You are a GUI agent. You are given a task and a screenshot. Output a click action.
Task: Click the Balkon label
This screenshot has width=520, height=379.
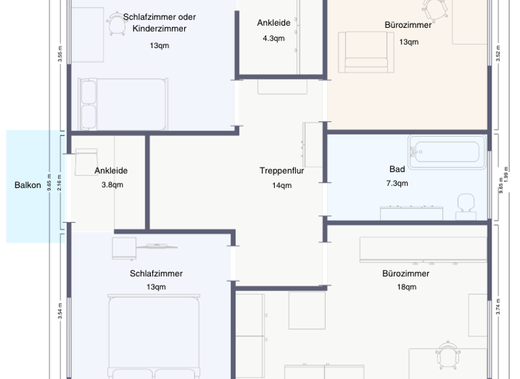pos(28,185)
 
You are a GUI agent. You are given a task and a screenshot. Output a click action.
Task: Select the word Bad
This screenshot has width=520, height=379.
pos(397,169)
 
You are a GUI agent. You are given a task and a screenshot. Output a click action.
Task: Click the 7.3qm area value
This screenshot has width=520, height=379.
pos(397,183)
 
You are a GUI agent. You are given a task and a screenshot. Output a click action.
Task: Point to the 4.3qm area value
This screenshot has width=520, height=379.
pos(274,38)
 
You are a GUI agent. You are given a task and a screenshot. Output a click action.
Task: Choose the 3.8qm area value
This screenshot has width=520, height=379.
pos(112,185)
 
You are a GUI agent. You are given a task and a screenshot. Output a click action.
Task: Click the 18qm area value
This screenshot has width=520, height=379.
pos(406,287)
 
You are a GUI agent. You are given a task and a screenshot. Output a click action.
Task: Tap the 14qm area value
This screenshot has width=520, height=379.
pos(282,185)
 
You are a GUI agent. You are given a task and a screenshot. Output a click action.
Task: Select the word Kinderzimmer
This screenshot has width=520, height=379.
pos(159,29)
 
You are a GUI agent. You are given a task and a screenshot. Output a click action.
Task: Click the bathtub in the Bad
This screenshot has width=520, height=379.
pos(447,152)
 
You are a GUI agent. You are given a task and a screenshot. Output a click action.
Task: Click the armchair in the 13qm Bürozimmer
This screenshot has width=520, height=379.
pos(366,52)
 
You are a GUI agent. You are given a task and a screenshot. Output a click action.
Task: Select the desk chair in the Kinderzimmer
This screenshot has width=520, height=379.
pos(116,25)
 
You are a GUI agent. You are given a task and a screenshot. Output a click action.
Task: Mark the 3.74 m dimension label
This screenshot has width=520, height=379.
pos(498,307)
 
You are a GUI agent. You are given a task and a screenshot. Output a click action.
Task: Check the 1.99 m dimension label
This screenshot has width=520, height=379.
pos(506,173)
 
